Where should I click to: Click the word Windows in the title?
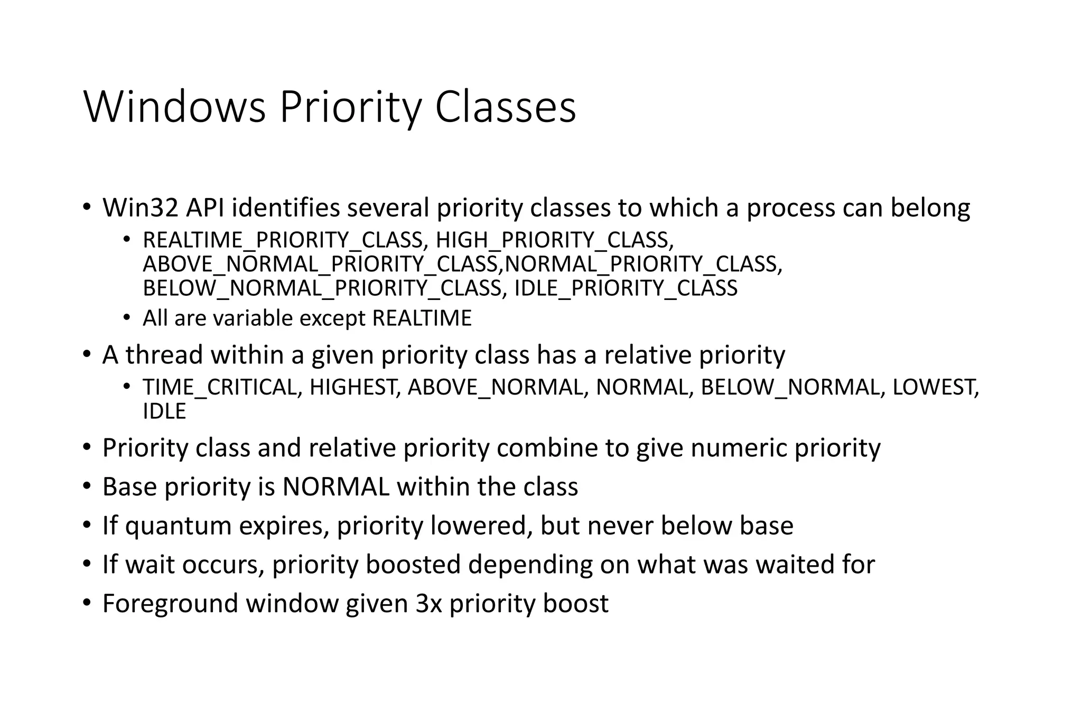(x=174, y=108)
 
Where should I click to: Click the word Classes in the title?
(x=505, y=108)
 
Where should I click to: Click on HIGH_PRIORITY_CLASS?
(x=555, y=240)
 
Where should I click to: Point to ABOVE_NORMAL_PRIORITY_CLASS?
(x=321, y=264)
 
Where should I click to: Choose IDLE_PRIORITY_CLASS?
(x=626, y=288)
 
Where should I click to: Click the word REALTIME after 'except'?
(x=422, y=319)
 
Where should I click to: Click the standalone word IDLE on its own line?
(x=164, y=411)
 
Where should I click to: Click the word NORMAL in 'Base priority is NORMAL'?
(x=335, y=486)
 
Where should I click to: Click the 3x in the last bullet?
(x=428, y=603)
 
